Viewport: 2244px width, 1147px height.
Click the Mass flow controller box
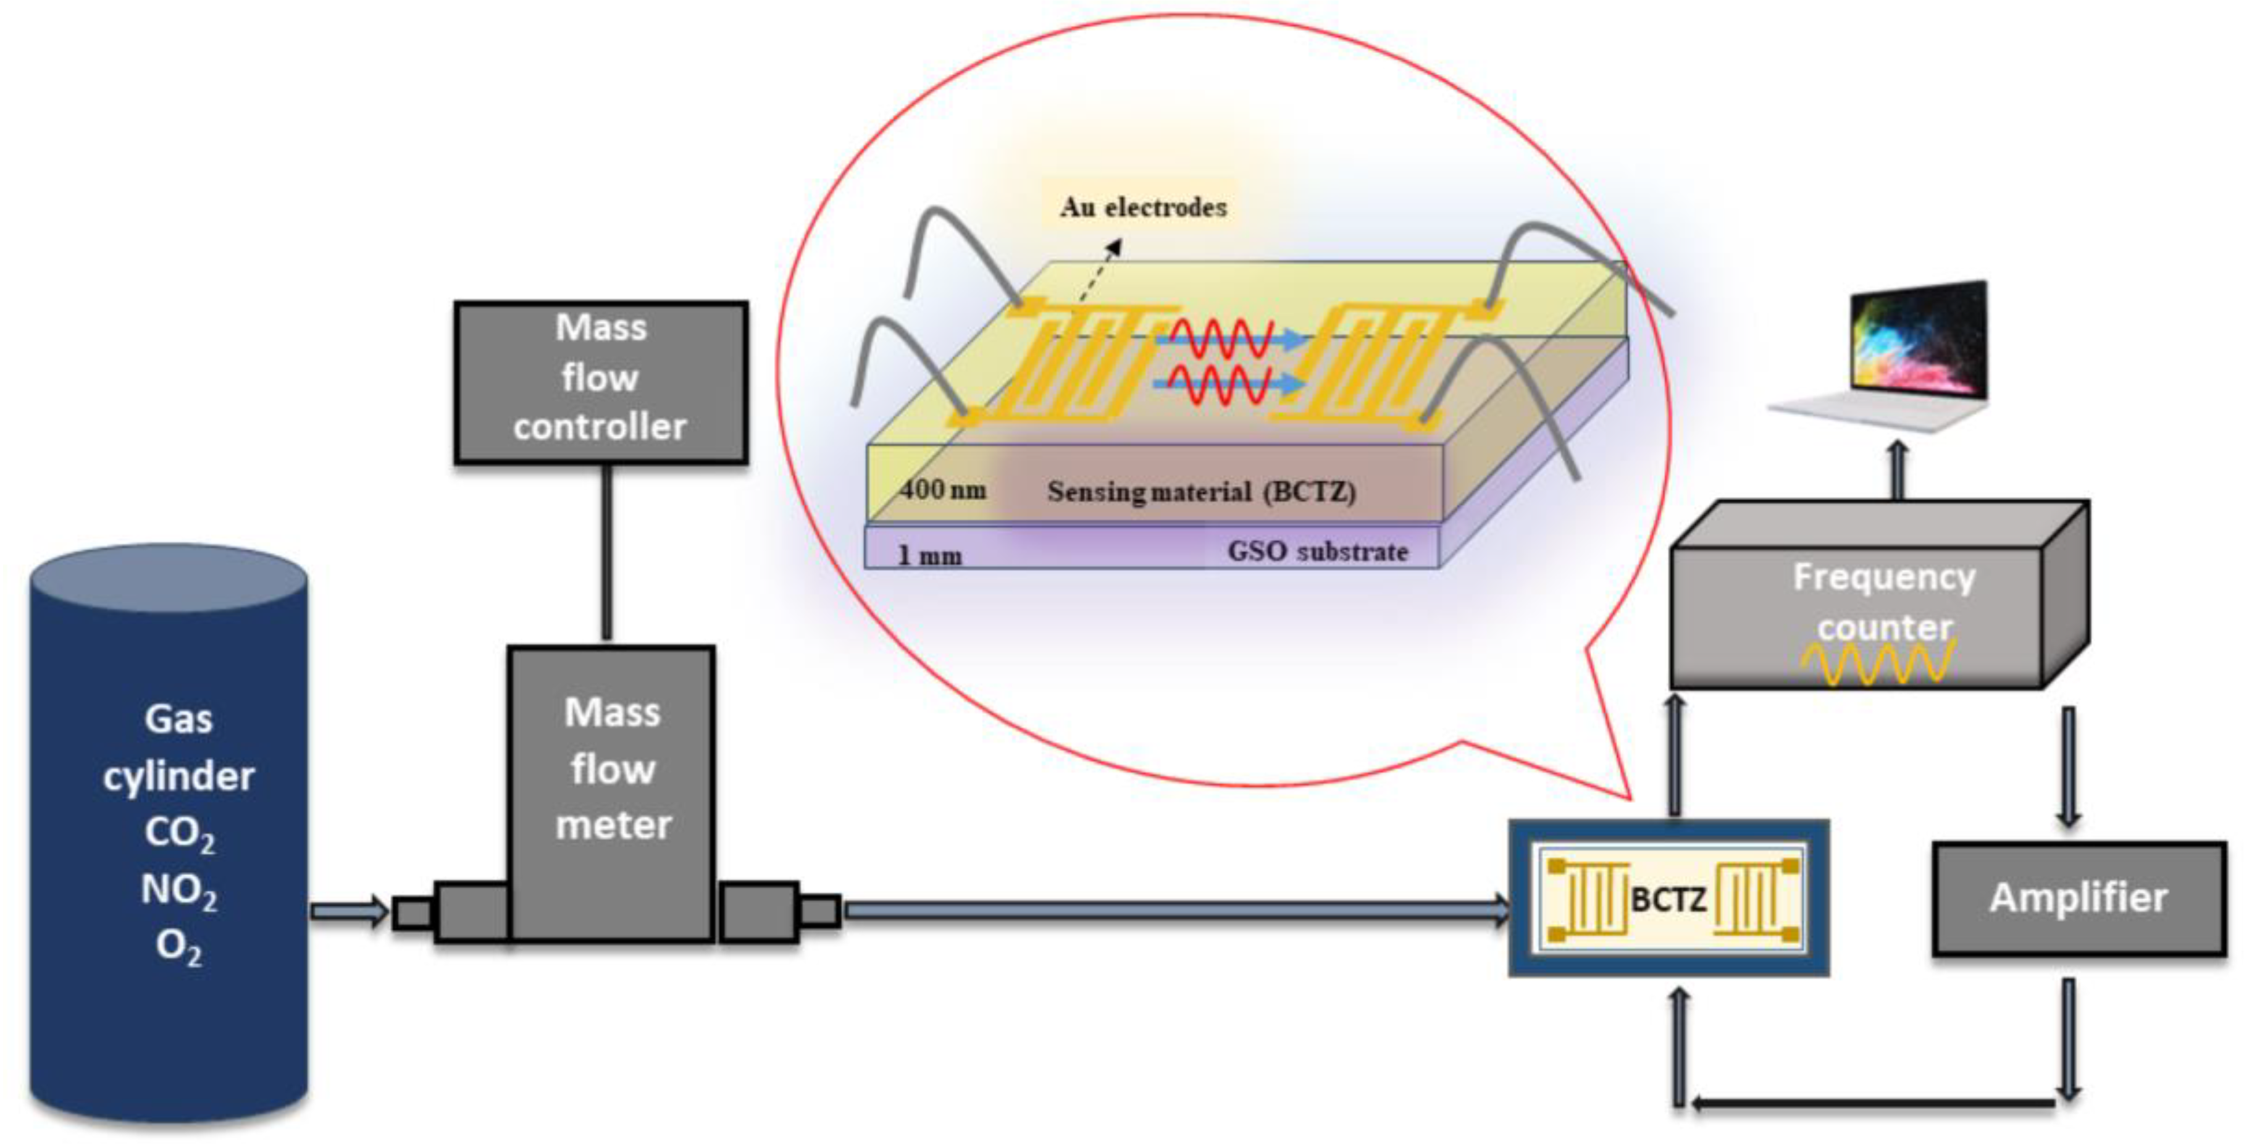click(600, 381)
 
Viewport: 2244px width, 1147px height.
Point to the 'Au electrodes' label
click(1143, 208)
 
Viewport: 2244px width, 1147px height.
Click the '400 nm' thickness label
click(942, 490)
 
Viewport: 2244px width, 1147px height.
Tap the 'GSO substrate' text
click(1317, 552)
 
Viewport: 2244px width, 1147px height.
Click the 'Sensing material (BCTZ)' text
click(1201, 492)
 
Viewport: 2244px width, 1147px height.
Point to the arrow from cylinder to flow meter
click(348, 912)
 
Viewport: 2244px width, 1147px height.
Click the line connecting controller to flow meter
click(606, 553)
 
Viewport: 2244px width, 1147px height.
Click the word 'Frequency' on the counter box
click(1883, 577)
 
